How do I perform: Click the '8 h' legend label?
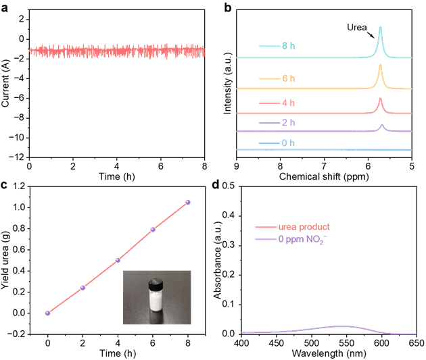(x=289, y=46)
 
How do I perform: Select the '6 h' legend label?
(x=289, y=78)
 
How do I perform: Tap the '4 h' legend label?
(x=289, y=103)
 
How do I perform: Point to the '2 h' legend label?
(x=289, y=123)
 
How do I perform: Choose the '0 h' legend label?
(x=289, y=143)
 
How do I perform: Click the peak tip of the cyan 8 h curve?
(x=381, y=27)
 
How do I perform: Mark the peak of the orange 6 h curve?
(x=381, y=65)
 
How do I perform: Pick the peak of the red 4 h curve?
(x=380, y=99)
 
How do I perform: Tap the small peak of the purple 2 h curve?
(x=382, y=125)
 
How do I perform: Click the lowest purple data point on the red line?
(x=47, y=313)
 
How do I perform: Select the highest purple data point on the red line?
(x=188, y=202)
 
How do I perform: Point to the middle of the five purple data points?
(x=118, y=259)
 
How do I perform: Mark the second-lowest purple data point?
(x=82, y=288)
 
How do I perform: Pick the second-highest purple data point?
(x=153, y=230)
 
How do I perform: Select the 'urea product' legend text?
(x=304, y=227)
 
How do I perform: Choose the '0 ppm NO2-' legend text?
(x=304, y=239)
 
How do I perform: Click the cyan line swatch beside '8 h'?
(x=268, y=46)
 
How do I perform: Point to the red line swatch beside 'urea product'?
(x=265, y=227)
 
